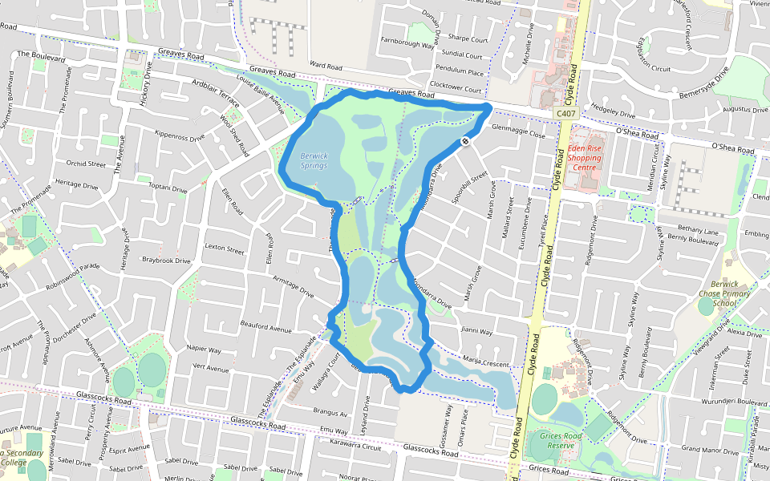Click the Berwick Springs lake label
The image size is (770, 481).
(314, 160)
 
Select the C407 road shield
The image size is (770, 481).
(566, 115)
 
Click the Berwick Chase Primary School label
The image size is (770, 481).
(723, 293)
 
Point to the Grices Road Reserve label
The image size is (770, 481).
(567, 440)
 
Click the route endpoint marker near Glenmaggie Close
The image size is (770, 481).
(465, 142)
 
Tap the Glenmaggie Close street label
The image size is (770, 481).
(518, 128)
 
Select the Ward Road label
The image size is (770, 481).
(326, 64)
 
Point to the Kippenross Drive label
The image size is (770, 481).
(180, 135)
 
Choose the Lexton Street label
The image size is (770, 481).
(224, 249)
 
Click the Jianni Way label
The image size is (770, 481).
(476, 329)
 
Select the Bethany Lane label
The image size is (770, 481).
(697, 229)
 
